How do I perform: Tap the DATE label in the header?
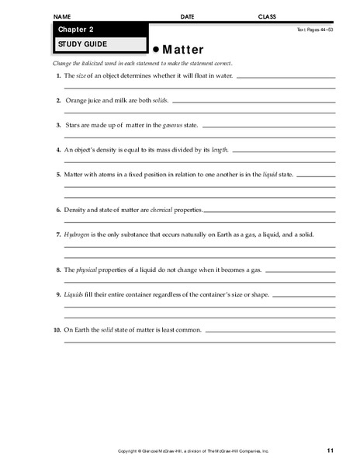point(188,16)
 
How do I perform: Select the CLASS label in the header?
point(267,16)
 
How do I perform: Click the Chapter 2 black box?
point(98,30)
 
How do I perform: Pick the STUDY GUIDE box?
point(98,44)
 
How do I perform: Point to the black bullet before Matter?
point(155,47)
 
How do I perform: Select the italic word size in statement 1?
point(82,76)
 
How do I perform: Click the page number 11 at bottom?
point(331,450)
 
